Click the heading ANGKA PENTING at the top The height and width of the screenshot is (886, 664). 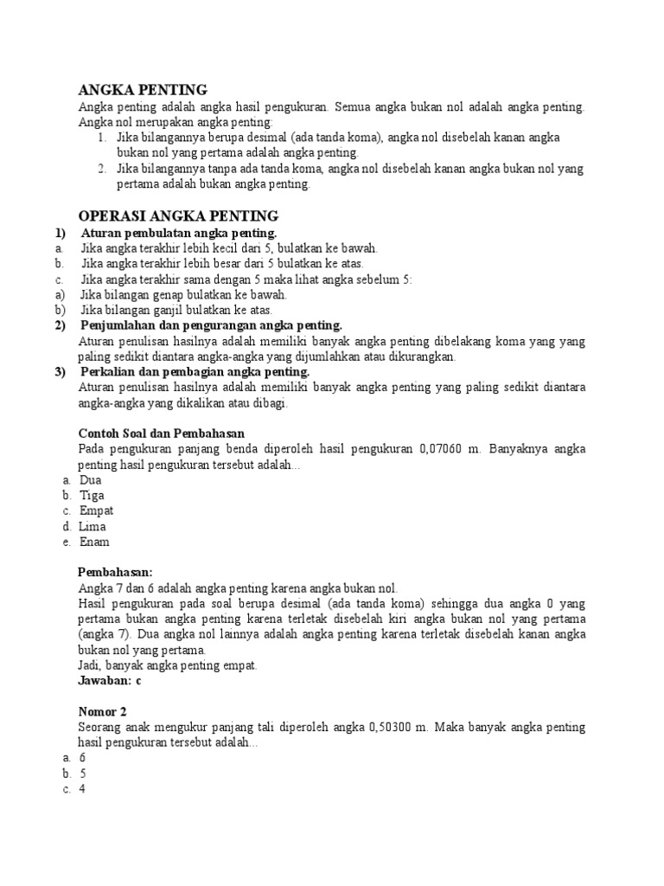pos(143,90)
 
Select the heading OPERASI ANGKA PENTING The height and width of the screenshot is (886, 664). pos(178,215)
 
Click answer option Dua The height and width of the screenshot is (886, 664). pos(90,478)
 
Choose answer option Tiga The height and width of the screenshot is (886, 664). pos(92,495)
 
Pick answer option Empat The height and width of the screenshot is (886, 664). pos(96,510)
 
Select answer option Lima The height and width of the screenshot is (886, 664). pos(93,526)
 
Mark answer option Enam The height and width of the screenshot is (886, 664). pos(94,543)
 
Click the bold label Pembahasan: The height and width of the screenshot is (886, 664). pos(115,572)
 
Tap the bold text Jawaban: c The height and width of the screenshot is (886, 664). pos(110,681)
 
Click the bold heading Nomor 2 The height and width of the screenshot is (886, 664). pos(102,711)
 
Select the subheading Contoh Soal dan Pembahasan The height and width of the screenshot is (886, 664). pos(160,433)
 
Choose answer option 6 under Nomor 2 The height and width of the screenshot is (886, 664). pos(82,757)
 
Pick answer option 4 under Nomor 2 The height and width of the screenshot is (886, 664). pos(82,788)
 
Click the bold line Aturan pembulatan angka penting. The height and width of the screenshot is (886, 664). pos(179,234)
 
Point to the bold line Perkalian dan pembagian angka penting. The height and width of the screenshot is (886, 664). pos(195,371)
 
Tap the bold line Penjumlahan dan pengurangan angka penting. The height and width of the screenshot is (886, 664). pos(212,325)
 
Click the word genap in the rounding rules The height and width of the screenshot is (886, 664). pos(162,294)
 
